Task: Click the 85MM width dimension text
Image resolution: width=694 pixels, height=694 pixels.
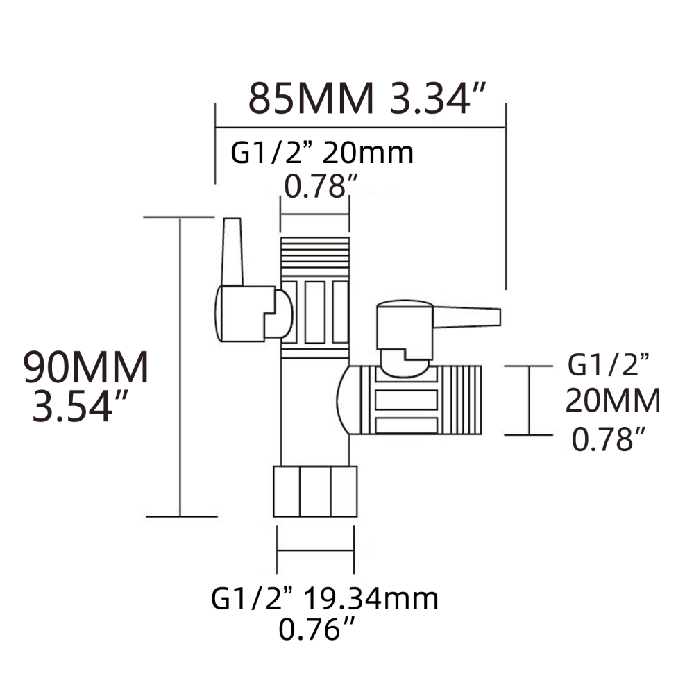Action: [x=311, y=99]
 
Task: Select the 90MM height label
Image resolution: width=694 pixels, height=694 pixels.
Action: [x=86, y=369]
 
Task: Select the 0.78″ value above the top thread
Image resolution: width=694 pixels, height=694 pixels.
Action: [x=322, y=185]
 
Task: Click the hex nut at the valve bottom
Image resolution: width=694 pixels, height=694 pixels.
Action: [x=315, y=491]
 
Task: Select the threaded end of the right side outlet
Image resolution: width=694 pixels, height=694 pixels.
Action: [x=459, y=400]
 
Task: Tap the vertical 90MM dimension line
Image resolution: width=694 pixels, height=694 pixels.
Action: [x=180, y=368]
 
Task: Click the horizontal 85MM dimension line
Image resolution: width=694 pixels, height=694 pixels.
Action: [x=359, y=127]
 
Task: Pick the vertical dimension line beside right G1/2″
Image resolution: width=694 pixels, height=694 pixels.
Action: [x=531, y=400]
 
